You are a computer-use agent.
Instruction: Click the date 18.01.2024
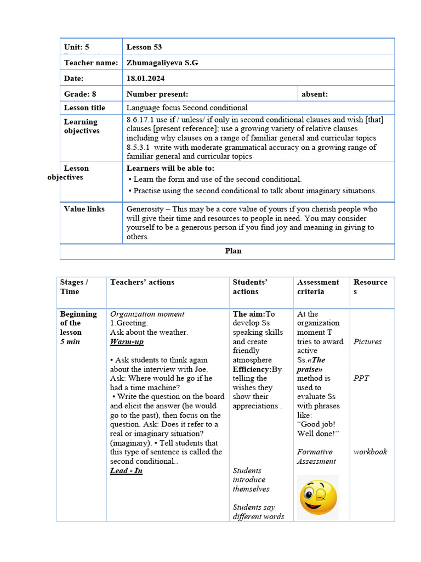tap(145, 78)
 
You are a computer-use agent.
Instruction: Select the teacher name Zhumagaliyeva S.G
tap(162, 63)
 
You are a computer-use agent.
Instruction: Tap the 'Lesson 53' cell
tap(144, 47)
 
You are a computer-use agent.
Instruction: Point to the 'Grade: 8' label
tap(80, 94)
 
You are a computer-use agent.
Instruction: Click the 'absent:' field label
tap(315, 94)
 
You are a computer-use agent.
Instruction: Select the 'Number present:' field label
tap(157, 94)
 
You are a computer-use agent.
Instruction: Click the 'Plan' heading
tap(233, 251)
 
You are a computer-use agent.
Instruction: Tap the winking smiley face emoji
tap(317, 497)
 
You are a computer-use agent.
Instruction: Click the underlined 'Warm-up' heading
tap(127, 341)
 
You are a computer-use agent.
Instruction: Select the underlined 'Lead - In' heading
tap(126, 470)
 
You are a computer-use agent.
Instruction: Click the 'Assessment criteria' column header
tap(318, 286)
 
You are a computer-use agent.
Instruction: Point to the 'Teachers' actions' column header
tap(142, 282)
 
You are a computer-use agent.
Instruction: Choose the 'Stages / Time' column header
tap(74, 286)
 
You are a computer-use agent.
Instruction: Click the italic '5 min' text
tap(70, 341)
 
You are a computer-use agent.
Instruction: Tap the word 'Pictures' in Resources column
tap(367, 341)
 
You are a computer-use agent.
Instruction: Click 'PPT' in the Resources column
tap(361, 378)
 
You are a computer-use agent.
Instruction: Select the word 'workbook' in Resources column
tap(370, 452)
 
